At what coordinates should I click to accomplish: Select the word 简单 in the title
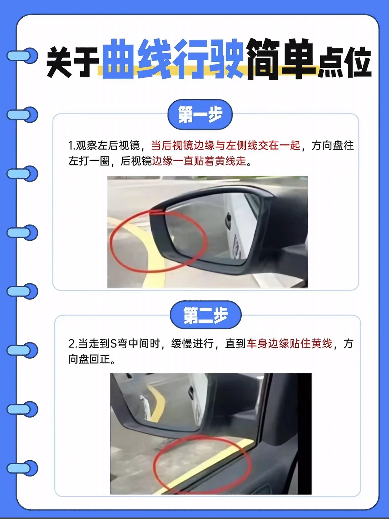pos(280,59)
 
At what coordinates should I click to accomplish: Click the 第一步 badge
pos(200,115)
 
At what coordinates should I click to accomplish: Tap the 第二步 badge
pos(205,315)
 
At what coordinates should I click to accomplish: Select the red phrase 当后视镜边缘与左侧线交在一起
pos(225,145)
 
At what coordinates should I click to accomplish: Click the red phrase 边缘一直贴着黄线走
pos(199,161)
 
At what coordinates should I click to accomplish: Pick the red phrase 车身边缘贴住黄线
pos(289,343)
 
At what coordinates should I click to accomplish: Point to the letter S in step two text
pos(113,344)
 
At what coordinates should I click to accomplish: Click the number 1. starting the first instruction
pos(71,146)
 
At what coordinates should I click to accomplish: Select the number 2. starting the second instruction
pos(72,344)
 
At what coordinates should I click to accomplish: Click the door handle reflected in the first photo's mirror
pos(228,220)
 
